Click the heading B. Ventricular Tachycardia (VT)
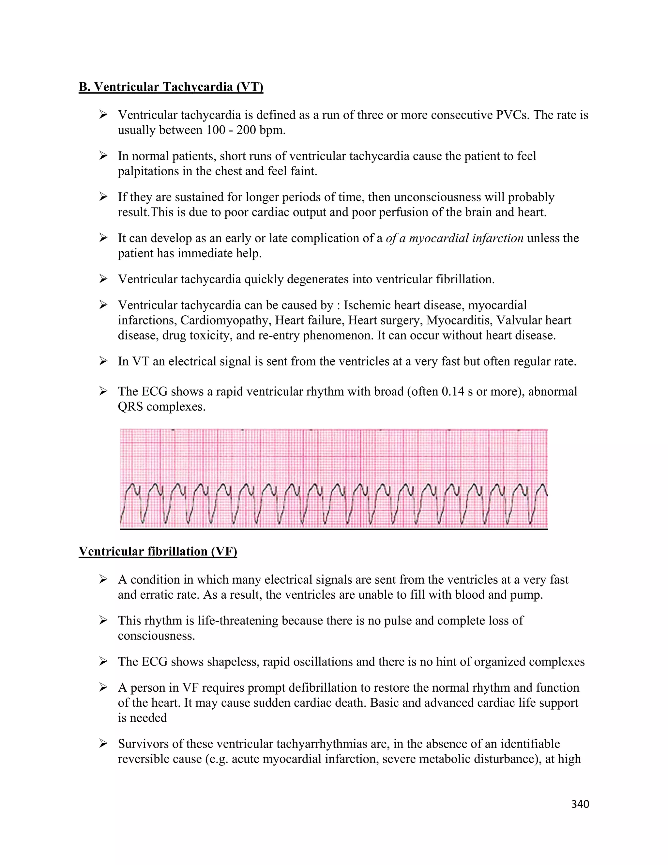point(171,87)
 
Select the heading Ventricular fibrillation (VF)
point(158,551)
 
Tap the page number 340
point(580,804)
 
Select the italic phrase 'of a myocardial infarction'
point(454,238)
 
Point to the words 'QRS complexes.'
point(161,406)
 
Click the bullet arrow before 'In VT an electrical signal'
point(104,361)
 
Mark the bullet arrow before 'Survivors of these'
point(104,744)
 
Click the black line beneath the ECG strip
point(334,529)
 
